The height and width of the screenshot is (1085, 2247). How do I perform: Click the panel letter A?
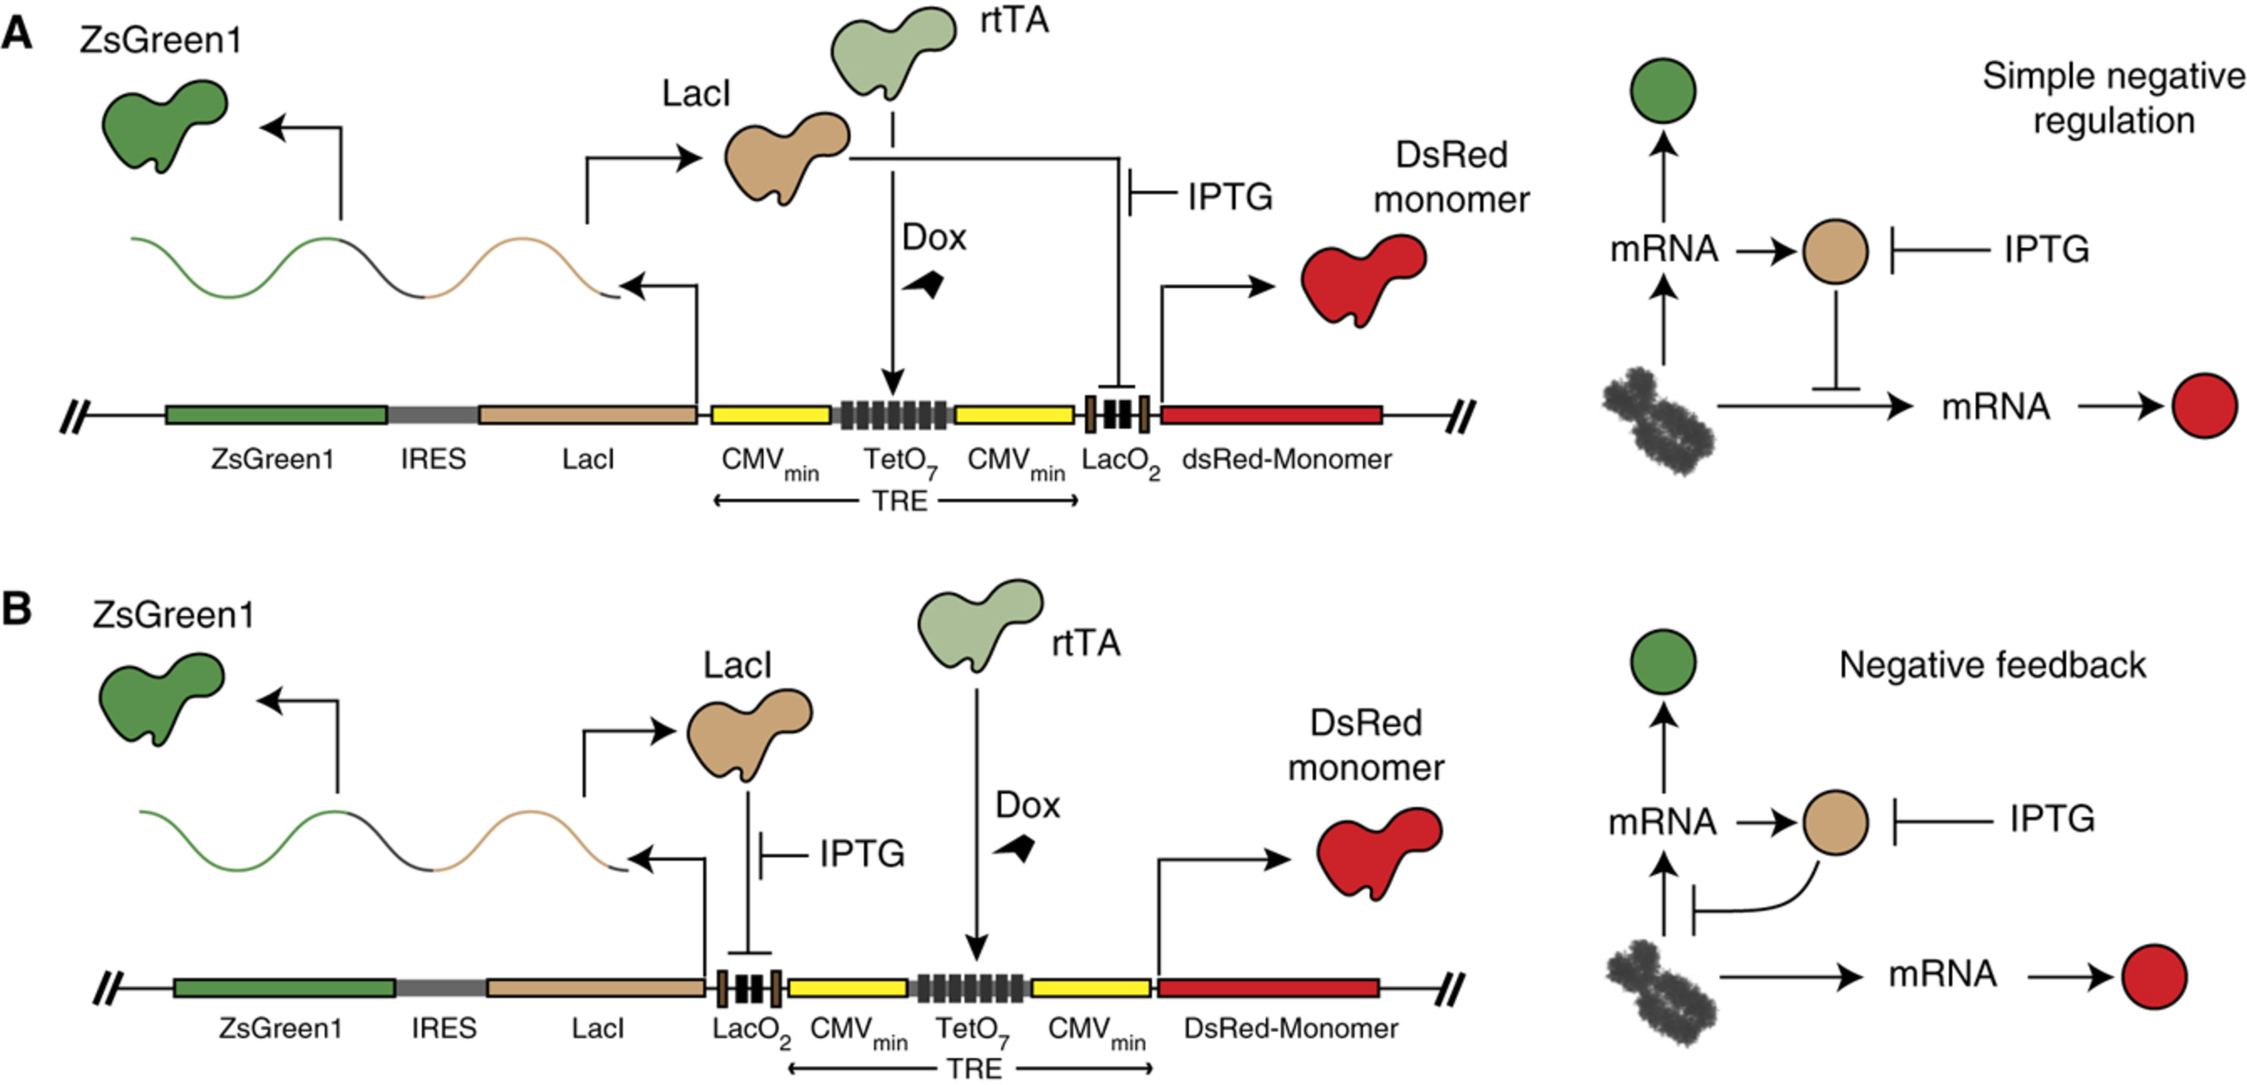[18, 35]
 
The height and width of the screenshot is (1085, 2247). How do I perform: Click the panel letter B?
[18, 609]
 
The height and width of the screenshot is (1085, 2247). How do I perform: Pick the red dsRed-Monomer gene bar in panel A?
[1271, 415]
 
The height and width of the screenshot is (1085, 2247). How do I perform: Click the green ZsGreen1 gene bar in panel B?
[285, 988]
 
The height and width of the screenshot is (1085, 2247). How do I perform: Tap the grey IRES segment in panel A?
[433, 415]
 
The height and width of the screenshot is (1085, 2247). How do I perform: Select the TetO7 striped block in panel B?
[970, 988]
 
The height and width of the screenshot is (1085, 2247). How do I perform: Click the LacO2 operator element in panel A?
[1118, 415]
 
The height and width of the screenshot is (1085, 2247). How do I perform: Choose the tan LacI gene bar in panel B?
[596, 988]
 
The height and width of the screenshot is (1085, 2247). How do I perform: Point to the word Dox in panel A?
[933, 237]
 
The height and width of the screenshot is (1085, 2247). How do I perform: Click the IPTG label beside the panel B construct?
[861, 854]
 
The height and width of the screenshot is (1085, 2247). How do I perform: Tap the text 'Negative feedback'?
[1992, 666]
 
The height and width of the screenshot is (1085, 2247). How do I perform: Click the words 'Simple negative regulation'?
[2113, 98]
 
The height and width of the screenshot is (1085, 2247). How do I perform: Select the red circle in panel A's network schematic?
[2204, 406]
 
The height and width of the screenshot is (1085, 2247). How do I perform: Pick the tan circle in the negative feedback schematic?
[1835, 822]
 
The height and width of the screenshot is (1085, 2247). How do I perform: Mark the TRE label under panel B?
[974, 1068]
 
